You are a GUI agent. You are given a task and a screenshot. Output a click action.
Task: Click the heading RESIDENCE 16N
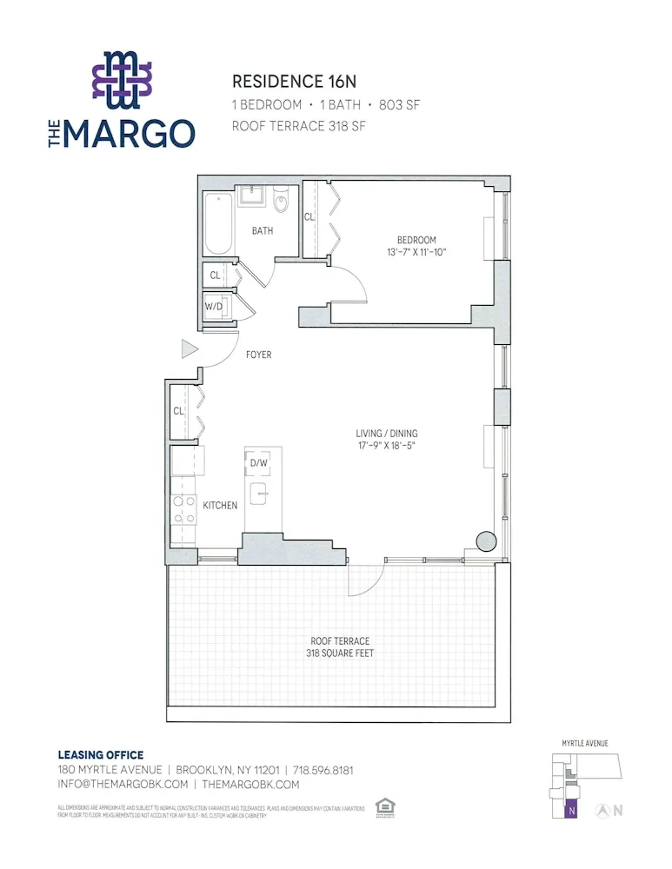(294, 82)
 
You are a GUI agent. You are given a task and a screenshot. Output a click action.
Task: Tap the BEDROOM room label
(416, 240)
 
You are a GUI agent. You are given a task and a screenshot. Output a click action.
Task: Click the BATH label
(263, 231)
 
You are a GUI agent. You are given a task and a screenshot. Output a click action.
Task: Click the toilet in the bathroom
(281, 202)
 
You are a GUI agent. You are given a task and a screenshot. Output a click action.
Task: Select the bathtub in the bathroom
(218, 223)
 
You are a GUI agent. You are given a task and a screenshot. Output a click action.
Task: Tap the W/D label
(214, 307)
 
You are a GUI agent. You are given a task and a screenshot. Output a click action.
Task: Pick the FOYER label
(259, 355)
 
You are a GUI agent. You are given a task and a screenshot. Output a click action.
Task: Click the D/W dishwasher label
(259, 463)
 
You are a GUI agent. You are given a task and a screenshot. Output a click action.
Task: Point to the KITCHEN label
(220, 505)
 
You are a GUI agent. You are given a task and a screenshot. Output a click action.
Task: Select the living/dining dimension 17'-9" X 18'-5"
(393, 446)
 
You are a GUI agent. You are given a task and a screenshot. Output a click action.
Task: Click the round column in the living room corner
(484, 540)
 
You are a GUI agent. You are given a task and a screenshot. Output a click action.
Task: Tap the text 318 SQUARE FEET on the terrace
(340, 653)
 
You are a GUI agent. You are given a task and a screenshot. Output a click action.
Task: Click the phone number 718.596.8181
(323, 770)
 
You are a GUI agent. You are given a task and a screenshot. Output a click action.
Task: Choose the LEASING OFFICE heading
(100, 755)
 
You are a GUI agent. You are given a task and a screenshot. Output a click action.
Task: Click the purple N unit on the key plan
(570, 810)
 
